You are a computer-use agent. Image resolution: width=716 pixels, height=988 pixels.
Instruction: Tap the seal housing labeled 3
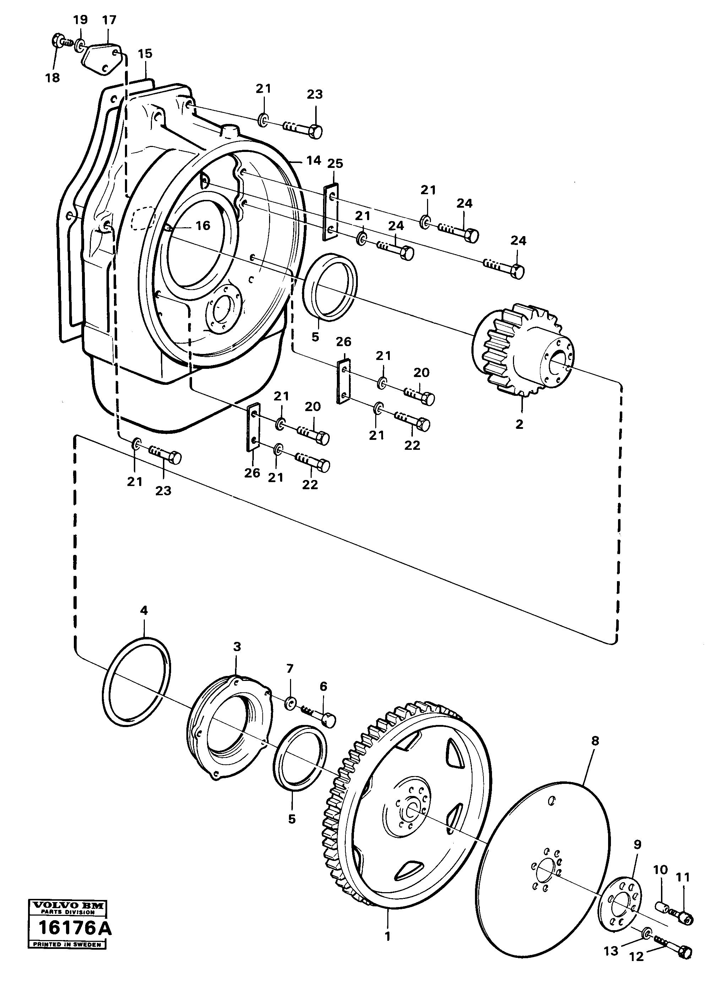[x=230, y=733]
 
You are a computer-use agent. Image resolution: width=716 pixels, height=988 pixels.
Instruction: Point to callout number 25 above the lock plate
[x=335, y=163]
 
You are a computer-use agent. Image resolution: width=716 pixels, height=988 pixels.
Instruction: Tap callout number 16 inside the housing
[x=203, y=225]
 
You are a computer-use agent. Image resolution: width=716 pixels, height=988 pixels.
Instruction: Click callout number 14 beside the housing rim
[x=313, y=160]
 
